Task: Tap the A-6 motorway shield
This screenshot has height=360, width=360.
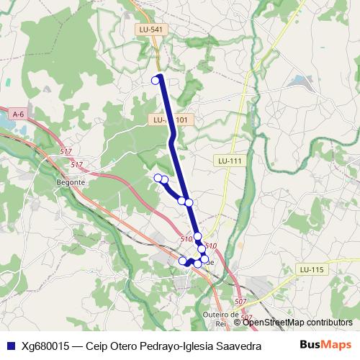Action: click(x=19, y=114)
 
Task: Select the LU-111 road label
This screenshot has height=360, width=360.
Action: click(x=230, y=161)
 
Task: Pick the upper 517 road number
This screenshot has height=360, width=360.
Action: click(x=66, y=151)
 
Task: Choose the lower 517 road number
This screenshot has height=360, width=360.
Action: click(x=77, y=165)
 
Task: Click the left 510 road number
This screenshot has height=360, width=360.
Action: click(x=186, y=238)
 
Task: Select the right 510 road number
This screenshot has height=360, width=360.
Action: click(x=211, y=246)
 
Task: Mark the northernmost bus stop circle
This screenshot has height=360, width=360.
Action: click(x=156, y=80)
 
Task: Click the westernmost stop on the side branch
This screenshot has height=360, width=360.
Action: click(x=158, y=177)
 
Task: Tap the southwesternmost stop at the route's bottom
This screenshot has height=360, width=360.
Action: click(x=183, y=261)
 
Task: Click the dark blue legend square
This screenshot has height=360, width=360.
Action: click(x=9, y=346)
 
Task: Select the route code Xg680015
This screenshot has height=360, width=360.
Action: click(x=45, y=346)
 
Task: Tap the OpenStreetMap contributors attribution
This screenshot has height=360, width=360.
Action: click(x=297, y=323)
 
